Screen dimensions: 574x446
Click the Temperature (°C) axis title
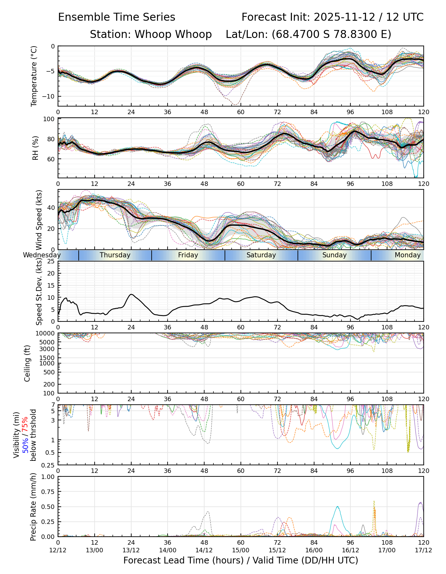click(x=34, y=76)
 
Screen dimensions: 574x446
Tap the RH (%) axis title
click(x=35, y=148)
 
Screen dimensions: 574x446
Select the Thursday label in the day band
click(x=115, y=255)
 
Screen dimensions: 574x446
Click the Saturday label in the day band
click(x=261, y=255)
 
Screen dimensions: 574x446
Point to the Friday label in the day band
click(x=188, y=255)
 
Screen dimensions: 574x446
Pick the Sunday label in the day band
click(x=334, y=255)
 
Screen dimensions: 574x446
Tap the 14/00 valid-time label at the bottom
click(x=168, y=550)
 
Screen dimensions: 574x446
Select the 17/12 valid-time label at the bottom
click(x=423, y=550)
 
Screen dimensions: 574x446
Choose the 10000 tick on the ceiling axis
click(x=46, y=334)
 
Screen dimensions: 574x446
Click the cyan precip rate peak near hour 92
click(x=337, y=506)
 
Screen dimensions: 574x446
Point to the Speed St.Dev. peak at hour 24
click(x=131, y=294)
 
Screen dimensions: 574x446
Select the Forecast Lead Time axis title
click(x=241, y=561)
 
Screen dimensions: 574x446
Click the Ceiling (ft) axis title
click(x=27, y=363)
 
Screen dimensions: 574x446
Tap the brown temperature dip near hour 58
click(x=235, y=104)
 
